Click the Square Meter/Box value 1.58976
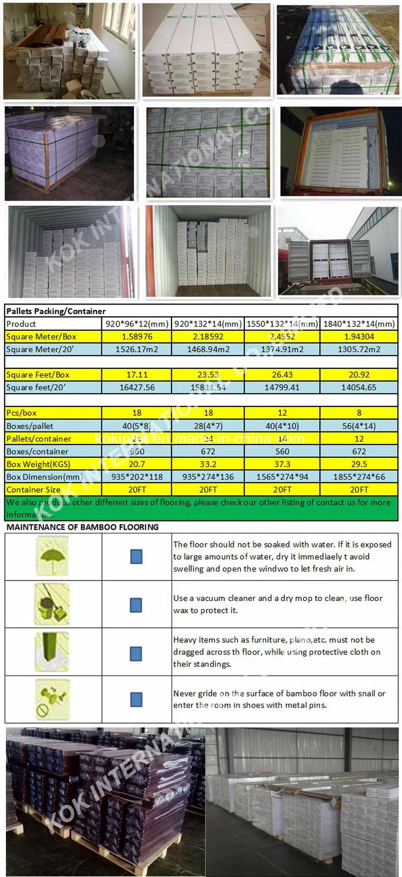point(137,337)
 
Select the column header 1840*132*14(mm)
point(359,324)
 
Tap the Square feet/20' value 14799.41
point(282,387)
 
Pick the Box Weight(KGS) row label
point(38,464)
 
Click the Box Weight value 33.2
point(208,464)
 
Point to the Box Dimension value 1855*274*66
point(359,477)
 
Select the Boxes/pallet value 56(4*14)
point(359,426)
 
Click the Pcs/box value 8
point(359,413)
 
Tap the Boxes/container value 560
point(282,451)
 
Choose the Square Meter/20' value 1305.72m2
point(359,349)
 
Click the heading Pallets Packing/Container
point(56,311)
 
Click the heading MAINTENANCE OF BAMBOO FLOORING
point(83,527)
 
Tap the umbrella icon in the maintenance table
point(52,556)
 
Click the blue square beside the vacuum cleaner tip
point(136,605)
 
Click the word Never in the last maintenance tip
point(184,693)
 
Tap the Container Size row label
point(33,489)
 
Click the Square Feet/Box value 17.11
point(137,375)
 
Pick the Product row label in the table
point(21,324)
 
